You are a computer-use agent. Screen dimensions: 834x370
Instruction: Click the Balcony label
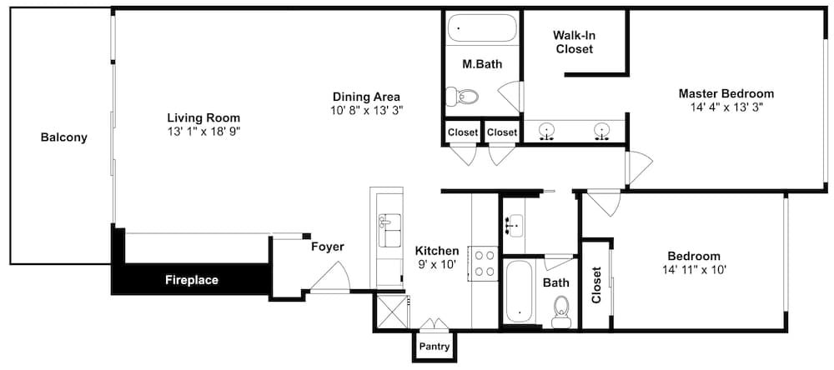[x=64, y=137]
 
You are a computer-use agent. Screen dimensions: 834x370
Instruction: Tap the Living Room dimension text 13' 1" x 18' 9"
[x=203, y=132]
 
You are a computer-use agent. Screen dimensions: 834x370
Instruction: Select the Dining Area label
[x=366, y=97]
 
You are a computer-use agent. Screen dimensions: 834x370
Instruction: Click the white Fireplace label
[x=192, y=280]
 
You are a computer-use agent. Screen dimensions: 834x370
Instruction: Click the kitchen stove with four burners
[x=483, y=263]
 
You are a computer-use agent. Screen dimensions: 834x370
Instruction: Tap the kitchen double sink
[x=389, y=230]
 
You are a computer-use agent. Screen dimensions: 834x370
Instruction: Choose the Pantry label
[x=435, y=347]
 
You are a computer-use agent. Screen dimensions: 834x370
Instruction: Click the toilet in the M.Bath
[x=461, y=96]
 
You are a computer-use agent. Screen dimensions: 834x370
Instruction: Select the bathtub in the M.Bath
[x=482, y=27]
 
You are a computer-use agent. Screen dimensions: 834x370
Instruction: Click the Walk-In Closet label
[x=574, y=42]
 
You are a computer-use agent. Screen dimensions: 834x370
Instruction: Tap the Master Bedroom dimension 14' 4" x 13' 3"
[x=726, y=107]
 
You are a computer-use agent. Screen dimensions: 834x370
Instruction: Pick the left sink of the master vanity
[x=545, y=131]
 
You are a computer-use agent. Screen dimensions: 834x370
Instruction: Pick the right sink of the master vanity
[x=601, y=131]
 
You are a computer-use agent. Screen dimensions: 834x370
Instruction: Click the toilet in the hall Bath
[x=560, y=312]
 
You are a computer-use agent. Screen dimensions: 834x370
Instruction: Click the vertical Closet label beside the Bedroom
[x=596, y=284]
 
